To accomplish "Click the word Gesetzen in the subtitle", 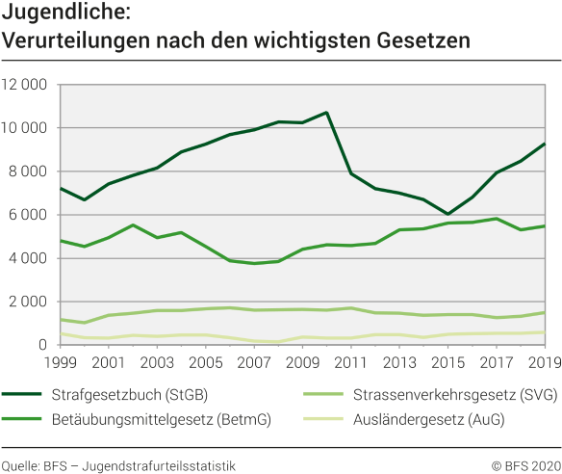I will point(421,41).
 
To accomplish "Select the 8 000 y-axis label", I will point(30,171).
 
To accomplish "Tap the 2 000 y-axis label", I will point(30,302).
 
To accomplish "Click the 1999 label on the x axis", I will point(60,363).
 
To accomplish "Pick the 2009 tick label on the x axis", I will point(301,363).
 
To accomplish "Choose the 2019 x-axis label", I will point(543,363).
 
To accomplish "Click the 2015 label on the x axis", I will point(447,363).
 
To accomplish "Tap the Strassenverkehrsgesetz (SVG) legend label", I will point(442,392).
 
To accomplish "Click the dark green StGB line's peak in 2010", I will point(326,113).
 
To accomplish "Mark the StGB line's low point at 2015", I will point(447,214).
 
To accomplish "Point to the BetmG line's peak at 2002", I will point(133,225).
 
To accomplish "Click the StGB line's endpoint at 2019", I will point(544,144).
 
